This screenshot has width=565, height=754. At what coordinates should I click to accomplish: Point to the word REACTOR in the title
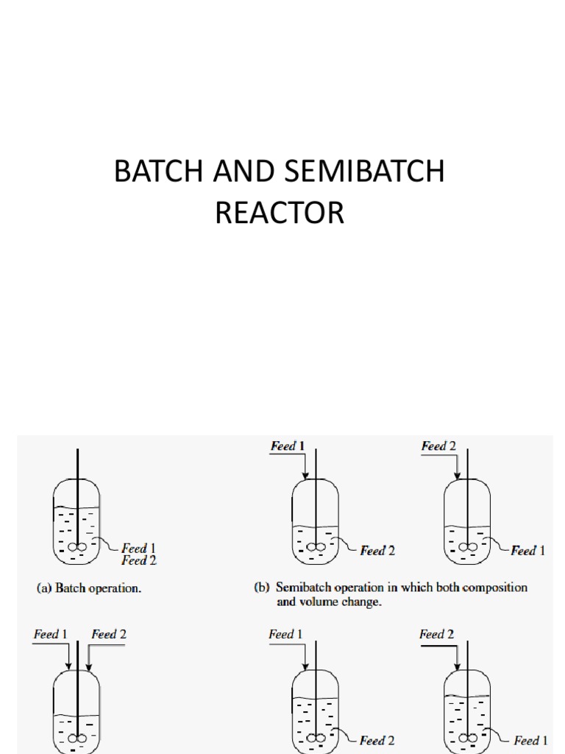tap(280, 213)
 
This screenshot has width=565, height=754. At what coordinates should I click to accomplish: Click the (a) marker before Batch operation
tap(44, 588)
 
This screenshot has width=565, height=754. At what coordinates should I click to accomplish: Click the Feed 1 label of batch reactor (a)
tap(139, 549)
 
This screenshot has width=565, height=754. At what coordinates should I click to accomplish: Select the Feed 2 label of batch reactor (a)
tap(139, 560)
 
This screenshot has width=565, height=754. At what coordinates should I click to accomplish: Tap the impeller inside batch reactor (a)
tap(77, 547)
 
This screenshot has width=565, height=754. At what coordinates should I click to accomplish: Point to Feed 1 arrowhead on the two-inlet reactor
tap(69, 666)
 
